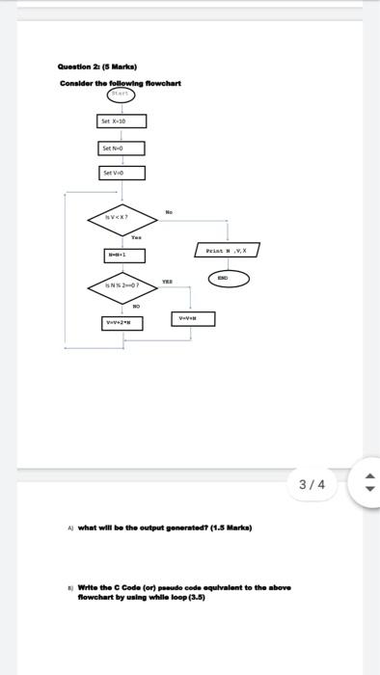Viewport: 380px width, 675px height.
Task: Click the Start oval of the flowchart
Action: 122,95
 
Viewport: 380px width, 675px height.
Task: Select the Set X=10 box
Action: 122,121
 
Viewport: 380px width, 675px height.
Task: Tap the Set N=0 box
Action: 122,148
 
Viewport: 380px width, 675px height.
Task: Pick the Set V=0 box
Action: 122,174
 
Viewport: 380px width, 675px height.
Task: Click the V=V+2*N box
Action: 122,323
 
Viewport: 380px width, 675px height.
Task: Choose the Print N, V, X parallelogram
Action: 228,250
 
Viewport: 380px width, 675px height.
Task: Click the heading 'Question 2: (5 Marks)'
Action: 98,67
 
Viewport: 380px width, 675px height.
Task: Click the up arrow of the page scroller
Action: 364,475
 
